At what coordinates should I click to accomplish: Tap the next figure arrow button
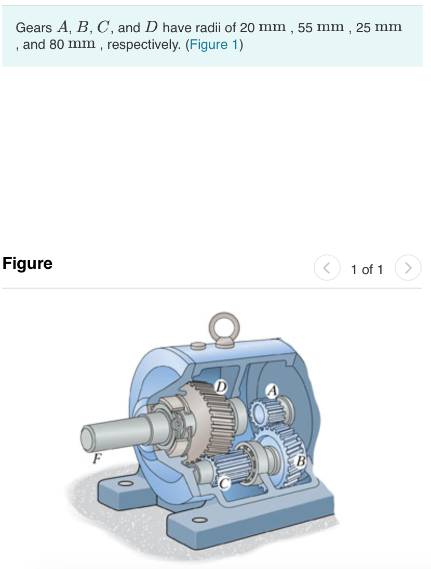(x=408, y=268)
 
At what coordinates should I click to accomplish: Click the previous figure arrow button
(x=327, y=268)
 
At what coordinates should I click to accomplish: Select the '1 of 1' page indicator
(x=367, y=269)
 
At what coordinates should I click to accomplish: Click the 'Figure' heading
(x=28, y=263)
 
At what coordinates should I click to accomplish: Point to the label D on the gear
(x=222, y=386)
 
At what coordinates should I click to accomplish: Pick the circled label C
(x=224, y=483)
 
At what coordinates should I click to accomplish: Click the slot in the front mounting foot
(x=197, y=520)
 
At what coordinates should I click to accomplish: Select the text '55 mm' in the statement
(x=320, y=28)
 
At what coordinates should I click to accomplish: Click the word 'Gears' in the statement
(x=34, y=28)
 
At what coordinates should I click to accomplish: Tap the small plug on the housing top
(x=196, y=345)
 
